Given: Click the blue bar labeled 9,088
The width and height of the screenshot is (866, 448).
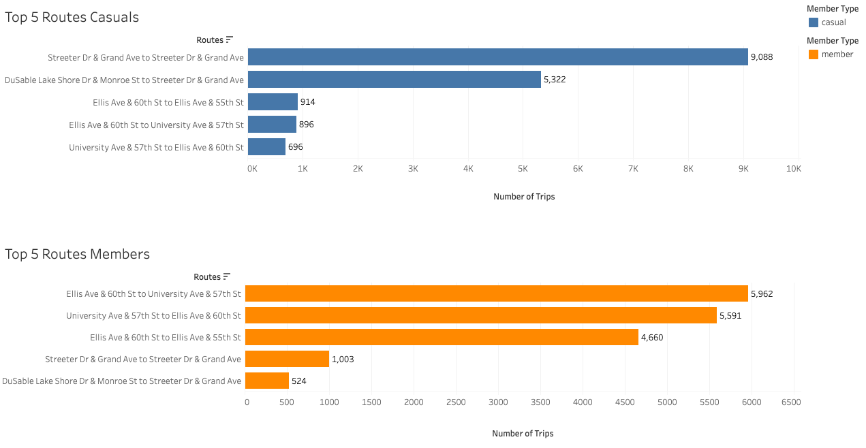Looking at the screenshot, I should coord(497,57).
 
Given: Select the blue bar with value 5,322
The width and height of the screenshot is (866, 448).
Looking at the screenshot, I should coord(394,80).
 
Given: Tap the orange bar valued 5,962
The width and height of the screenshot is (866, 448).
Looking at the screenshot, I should coord(496,293).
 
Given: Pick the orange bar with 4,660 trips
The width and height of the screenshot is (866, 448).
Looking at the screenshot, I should coord(442,337).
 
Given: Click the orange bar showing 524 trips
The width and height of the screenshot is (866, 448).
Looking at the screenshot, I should coord(267,381).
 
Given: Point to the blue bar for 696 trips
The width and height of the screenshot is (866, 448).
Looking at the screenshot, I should coord(266,147).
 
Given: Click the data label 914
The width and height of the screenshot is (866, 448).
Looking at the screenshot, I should coord(308,102).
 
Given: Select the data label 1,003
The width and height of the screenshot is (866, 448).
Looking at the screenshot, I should coord(343,359).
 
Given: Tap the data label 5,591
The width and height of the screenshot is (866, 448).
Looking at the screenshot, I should coord(730,315).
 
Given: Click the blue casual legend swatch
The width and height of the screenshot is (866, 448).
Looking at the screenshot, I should coord(813,22).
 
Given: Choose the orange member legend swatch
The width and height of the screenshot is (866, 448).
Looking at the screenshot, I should coord(813,54).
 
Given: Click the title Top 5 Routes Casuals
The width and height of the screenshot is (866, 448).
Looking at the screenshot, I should coord(72,17).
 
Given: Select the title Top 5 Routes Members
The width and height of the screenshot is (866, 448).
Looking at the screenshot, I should coord(77,254).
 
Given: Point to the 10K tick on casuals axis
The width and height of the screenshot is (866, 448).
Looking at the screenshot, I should coord(793,168).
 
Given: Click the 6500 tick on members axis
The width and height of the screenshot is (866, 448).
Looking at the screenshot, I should coord(791,402).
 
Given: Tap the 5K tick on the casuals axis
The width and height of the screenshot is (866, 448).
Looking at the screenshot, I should coord(523,168).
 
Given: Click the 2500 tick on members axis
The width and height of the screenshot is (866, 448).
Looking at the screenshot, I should coord(456,402).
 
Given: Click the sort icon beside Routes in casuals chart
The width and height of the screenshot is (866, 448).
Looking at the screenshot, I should coord(230,40).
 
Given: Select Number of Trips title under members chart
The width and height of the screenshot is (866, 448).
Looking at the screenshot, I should coord(523,433).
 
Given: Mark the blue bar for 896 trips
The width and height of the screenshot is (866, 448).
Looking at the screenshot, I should coord(272,125).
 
